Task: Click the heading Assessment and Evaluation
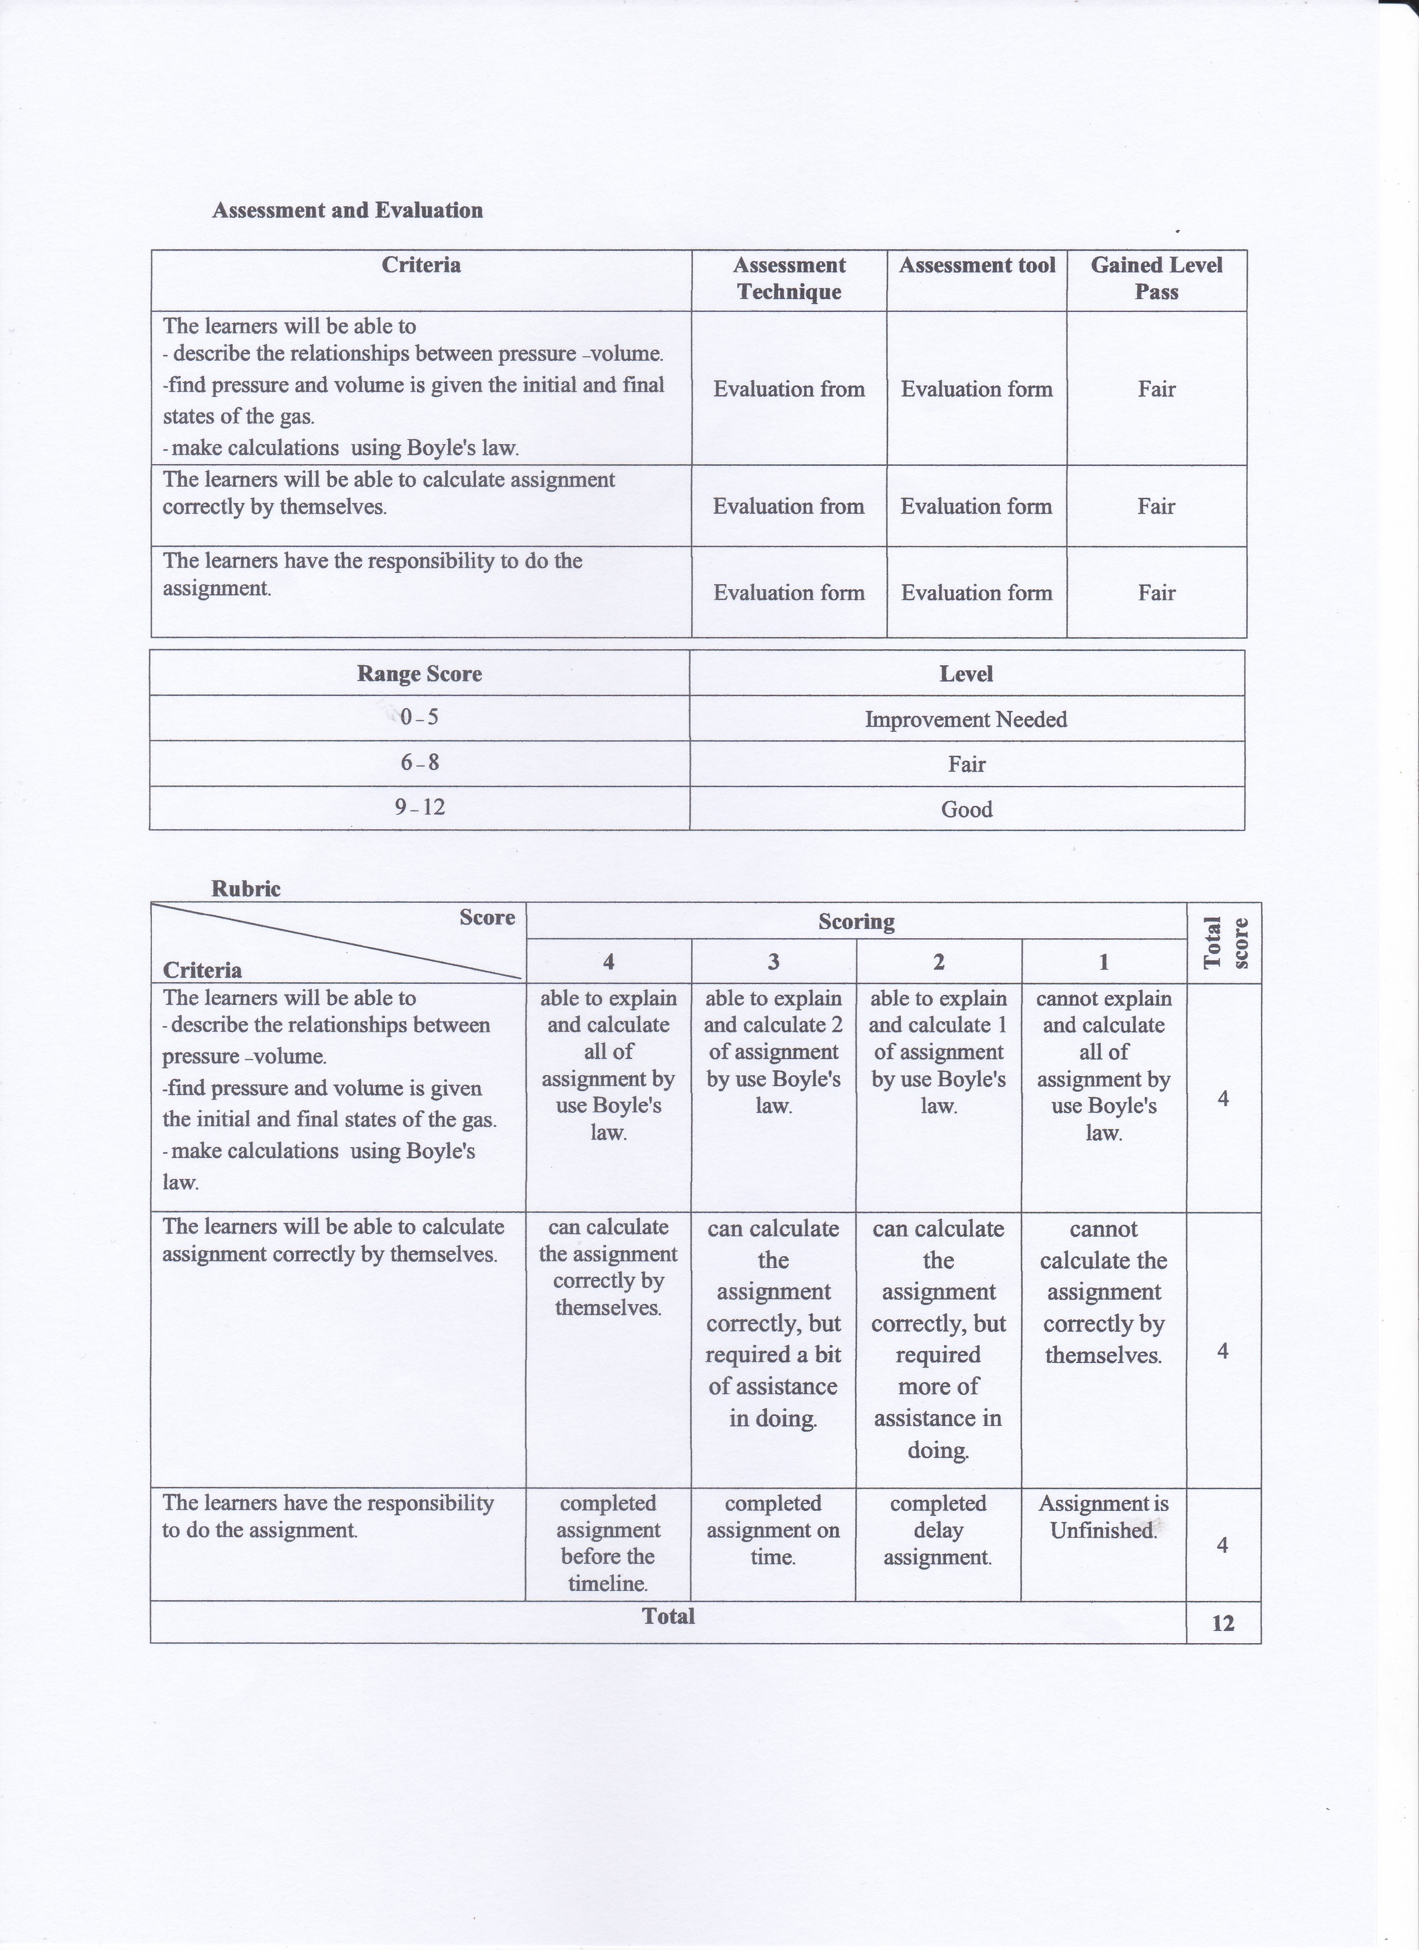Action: point(348,211)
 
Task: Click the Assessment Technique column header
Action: point(788,278)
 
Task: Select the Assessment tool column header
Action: point(977,266)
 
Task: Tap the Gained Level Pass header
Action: point(1156,278)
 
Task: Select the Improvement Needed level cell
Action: point(966,720)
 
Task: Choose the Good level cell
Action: point(966,809)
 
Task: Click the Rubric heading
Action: point(246,889)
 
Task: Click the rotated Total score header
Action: point(1224,943)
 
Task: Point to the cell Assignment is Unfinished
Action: point(1103,1516)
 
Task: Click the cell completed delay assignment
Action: point(937,1530)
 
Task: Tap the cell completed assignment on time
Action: point(772,1530)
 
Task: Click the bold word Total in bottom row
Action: point(668,1616)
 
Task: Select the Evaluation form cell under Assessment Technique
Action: point(788,593)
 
